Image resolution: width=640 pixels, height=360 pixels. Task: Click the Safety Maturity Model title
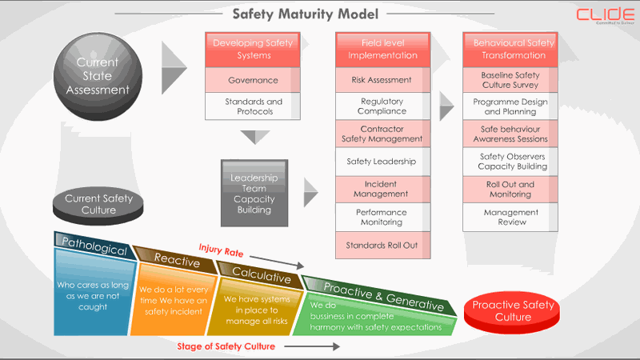[305, 14]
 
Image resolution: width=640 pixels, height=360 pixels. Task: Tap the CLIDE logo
[606, 15]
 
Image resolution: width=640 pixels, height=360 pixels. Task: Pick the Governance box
[253, 80]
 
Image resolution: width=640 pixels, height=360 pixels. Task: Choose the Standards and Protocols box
[253, 106]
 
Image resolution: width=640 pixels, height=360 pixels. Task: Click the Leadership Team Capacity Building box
[254, 193]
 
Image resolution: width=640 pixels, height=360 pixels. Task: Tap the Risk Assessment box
[382, 80]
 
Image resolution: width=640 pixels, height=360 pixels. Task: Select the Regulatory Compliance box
[382, 106]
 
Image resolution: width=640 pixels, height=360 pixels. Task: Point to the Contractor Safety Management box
[382, 134]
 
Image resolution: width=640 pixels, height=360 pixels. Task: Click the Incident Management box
[382, 189]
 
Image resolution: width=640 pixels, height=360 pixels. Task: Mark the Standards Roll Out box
[382, 245]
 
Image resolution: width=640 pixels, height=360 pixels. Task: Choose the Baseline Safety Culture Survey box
[510, 80]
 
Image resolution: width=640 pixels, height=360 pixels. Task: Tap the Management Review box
[510, 217]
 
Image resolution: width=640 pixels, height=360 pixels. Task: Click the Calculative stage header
[261, 274]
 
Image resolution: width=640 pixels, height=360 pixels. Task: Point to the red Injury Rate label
[222, 252]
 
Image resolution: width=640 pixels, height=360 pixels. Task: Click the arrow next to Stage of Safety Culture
[311, 347]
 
